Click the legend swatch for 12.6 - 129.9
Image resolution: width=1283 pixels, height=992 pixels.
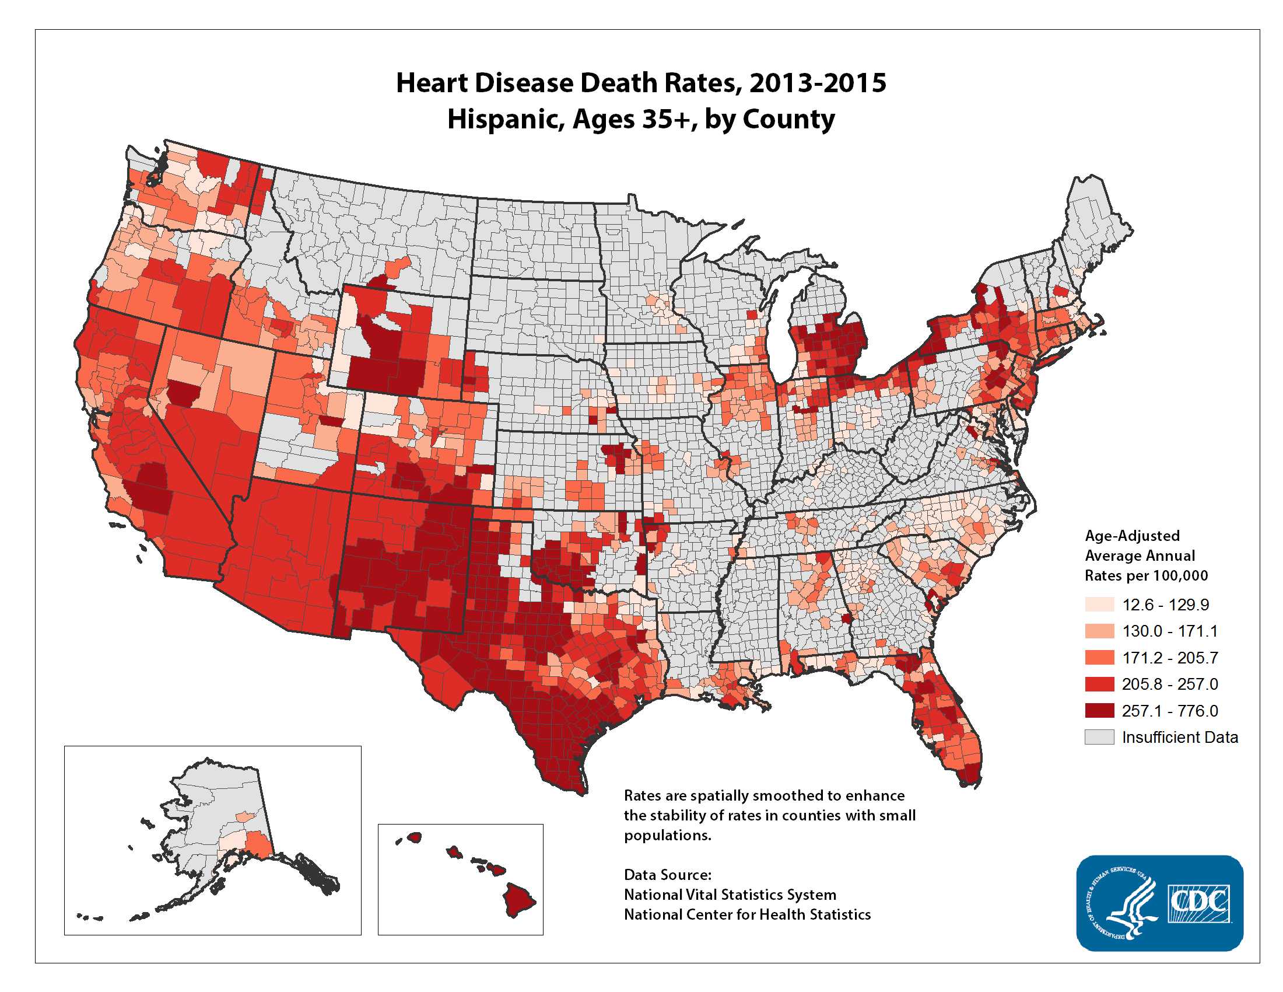click(1099, 604)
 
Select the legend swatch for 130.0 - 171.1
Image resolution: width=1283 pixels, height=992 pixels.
click(1099, 631)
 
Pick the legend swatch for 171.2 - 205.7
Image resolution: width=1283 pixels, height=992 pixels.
click(1099, 657)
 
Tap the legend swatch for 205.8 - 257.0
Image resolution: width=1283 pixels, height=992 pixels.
click(1099, 683)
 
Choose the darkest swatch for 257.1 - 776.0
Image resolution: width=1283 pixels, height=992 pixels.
click(1099, 711)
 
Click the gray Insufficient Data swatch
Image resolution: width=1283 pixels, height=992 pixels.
click(1099, 737)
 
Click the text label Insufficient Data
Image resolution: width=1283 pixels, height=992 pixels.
click(1180, 737)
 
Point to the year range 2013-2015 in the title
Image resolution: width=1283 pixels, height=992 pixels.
click(817, 83)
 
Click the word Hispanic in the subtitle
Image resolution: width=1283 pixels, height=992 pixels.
click(505, 119)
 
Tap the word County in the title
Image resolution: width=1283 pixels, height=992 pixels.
click(788, 119)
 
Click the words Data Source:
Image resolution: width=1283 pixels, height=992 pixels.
click(667, 875)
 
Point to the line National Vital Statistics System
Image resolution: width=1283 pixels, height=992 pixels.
click(730, 895)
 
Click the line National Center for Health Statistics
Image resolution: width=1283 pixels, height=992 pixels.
click(746, 914)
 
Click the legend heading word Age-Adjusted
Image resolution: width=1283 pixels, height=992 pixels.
click(1131, 535)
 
